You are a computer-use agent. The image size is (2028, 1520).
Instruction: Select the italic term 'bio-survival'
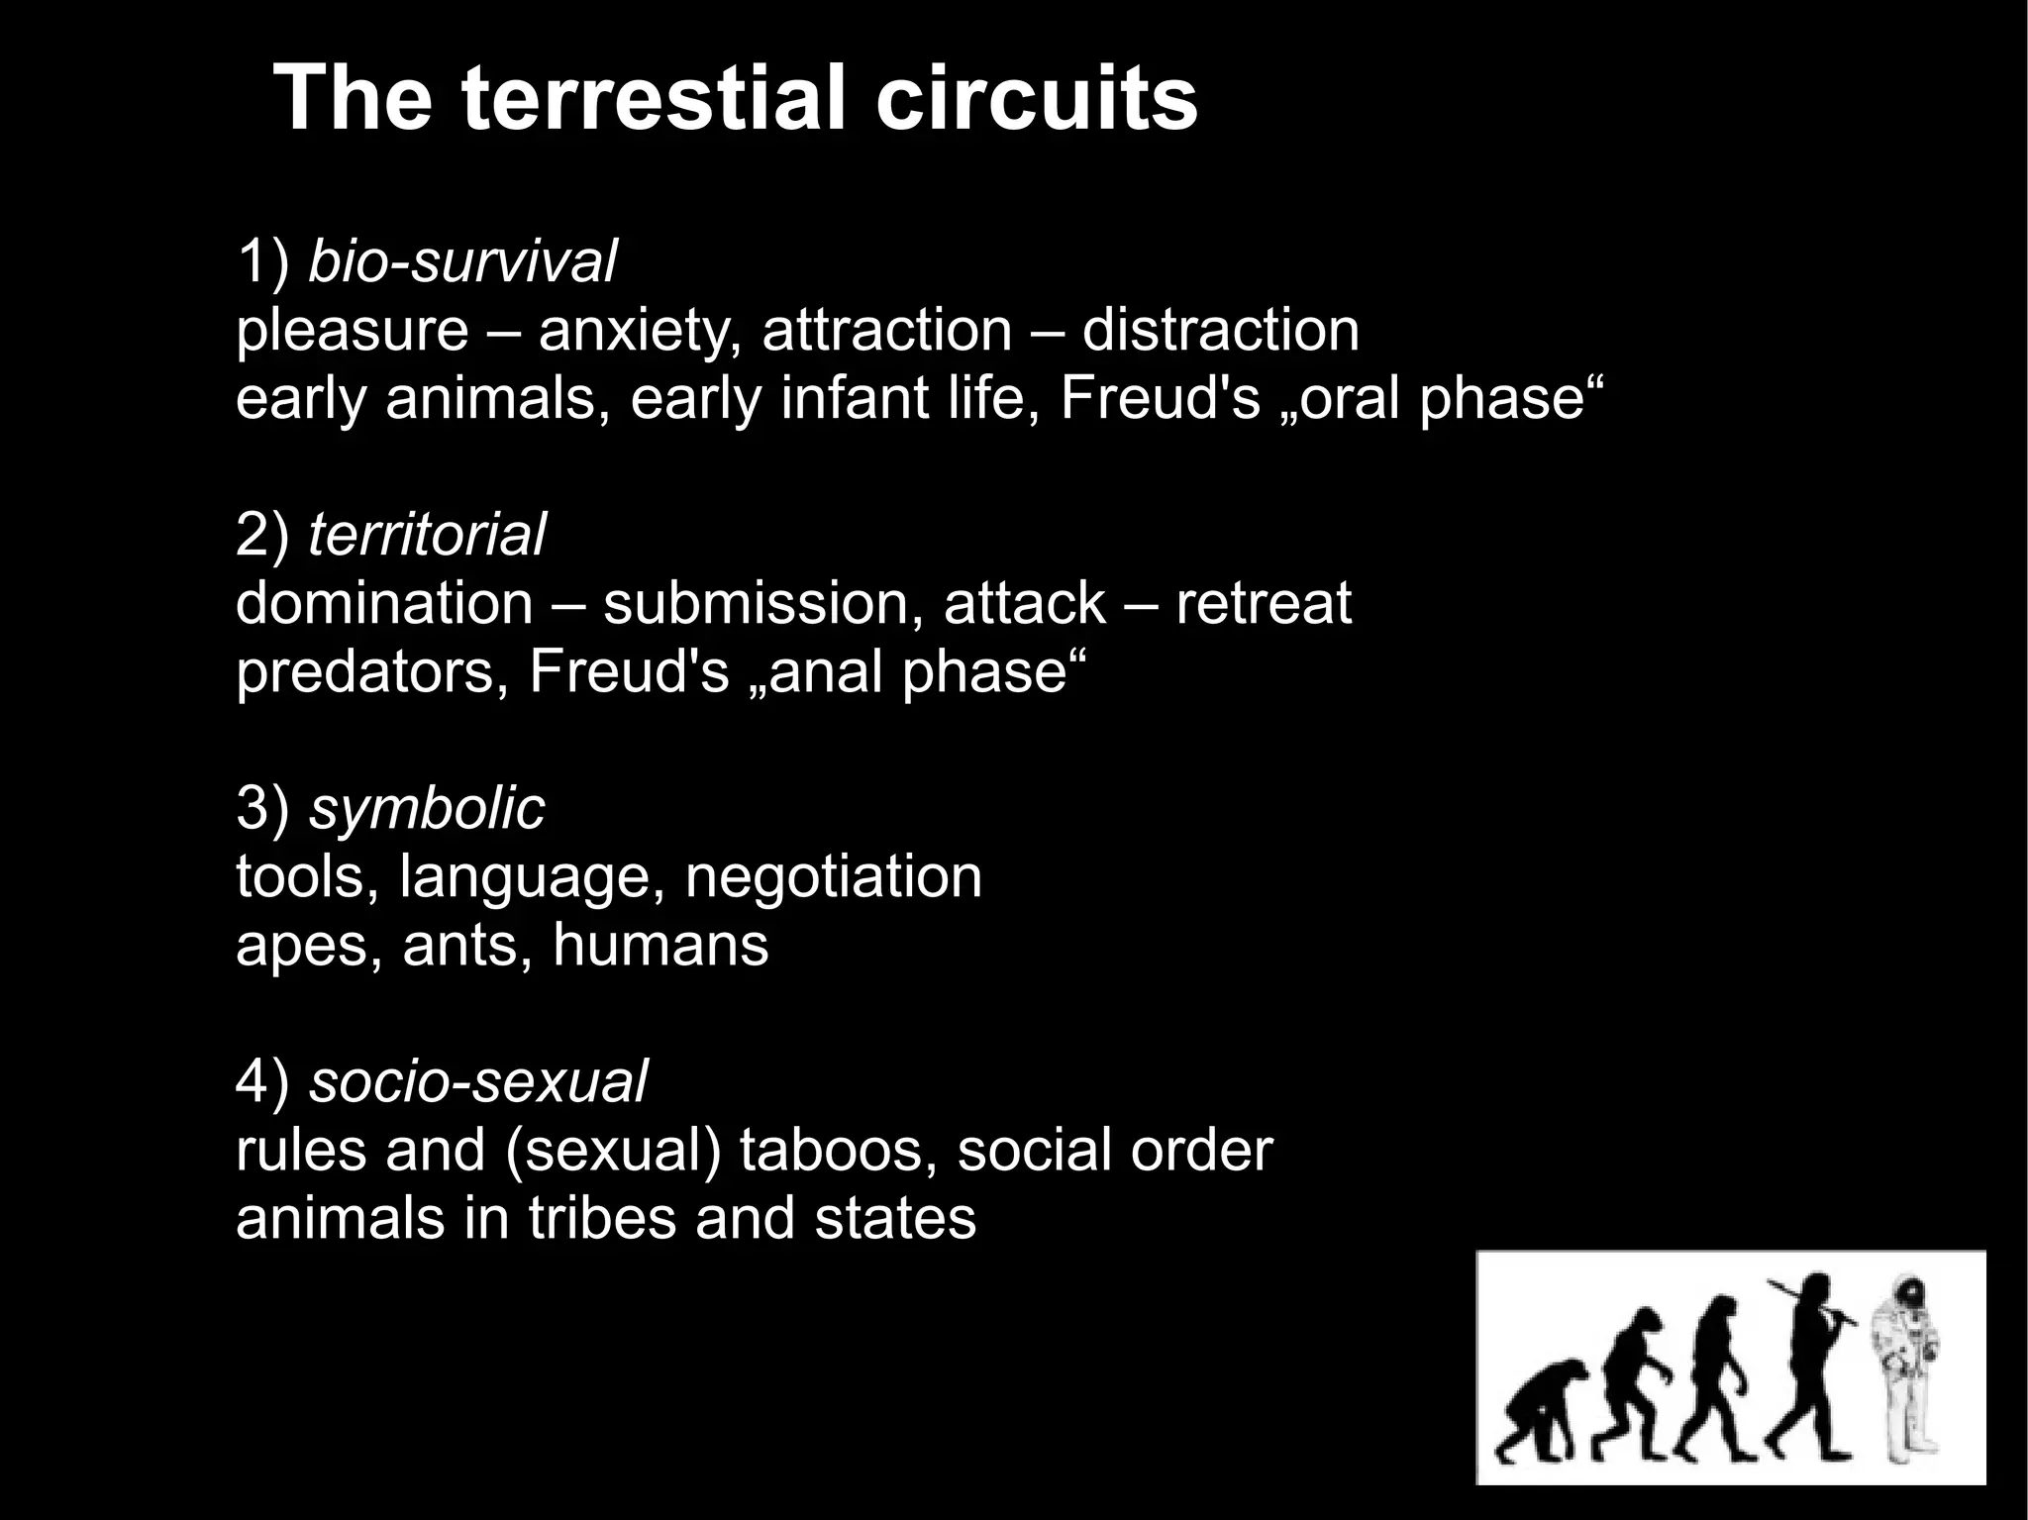(x=462, y=261)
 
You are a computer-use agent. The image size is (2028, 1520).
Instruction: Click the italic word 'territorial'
(x=427, y=535)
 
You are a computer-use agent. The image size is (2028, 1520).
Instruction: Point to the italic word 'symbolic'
(x=427, y=808)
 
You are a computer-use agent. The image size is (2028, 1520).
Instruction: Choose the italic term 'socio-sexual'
(x=478, y=1080)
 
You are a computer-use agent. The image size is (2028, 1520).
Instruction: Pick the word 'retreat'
(x=1263, y=603)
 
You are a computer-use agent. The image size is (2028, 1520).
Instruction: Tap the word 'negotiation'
(x=833, y=876)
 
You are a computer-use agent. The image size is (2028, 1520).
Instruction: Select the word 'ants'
(x=460, y=945)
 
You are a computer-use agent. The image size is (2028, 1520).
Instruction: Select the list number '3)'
(x=262, y=808)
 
